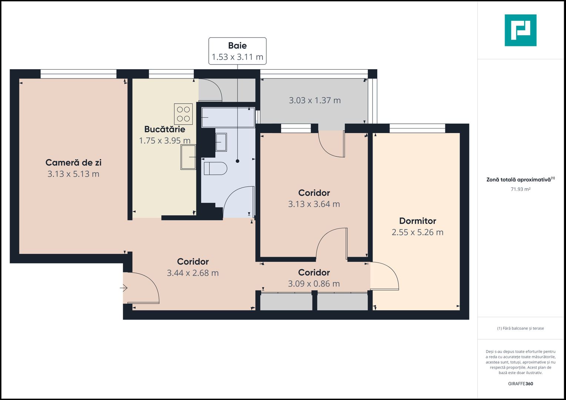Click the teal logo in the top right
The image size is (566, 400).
(520, 30)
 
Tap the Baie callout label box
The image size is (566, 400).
(237, 51)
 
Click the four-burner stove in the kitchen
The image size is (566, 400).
(183, 114)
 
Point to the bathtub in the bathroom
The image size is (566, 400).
(228, 117)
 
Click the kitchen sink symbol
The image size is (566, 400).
(188, 157)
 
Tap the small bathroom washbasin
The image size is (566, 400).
(221, 142)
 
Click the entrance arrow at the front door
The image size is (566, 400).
(124, 288)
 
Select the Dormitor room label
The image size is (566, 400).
(417, 221)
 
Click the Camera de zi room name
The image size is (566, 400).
(73, 163)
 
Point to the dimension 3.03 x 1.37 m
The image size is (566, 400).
(315, 100)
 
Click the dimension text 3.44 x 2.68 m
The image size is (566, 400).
(193, 273)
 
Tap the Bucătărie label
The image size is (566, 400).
(165, 129)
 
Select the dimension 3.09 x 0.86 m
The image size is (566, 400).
(314, 284)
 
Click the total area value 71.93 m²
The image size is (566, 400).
(520, 189)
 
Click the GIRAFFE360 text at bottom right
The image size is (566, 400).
(520, 384)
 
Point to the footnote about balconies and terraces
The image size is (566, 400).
(520, 328)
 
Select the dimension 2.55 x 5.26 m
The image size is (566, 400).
(417, 232)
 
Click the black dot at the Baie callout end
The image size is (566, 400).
(238, 161)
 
